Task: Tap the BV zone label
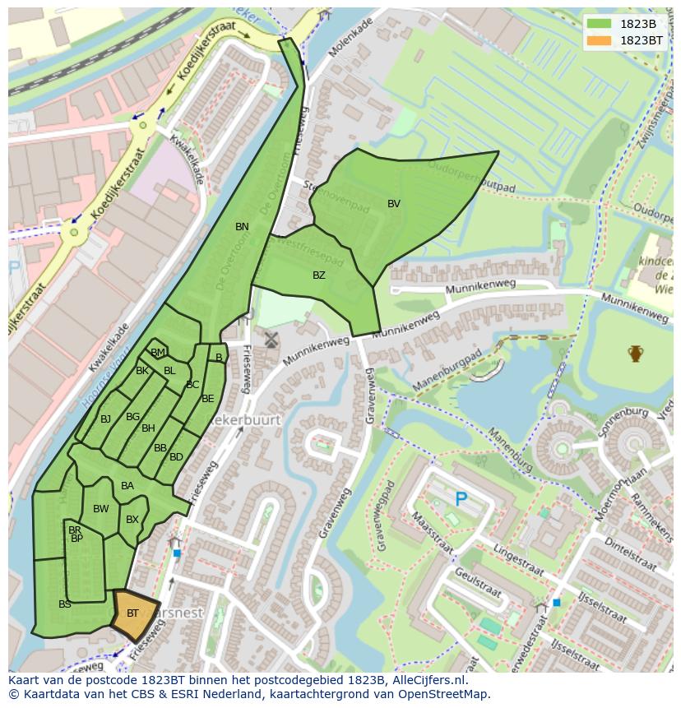click(x=394, y=204)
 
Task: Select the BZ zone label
click(x=319, y=275)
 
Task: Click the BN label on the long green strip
click(x=242, y=227)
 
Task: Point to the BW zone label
click(x=101, y=509)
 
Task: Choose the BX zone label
click(x=132, y=520)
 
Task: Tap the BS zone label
click(x=65, y=604)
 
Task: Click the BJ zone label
click(x=105, y=419)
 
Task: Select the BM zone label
click(x=158, y=353)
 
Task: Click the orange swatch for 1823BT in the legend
click(x=600, y=40)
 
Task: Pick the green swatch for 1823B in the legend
click(x=600, y=24)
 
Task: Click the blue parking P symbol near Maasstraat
click(x=461, y=499)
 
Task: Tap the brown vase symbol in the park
click(x=635, y=354)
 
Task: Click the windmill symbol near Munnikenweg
click(x=271, y=340)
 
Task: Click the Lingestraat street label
click(x=518, y=558)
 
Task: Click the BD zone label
click(x=176, y=457)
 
